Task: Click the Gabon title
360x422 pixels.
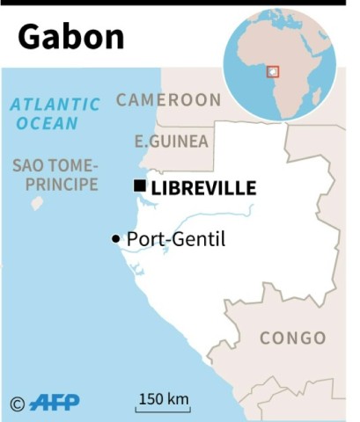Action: tap(71, 36)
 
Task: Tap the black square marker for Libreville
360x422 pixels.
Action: tap(140, 186)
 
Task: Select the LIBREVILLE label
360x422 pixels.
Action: tap(203, 187)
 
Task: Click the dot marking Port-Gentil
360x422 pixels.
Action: tap(115, 239)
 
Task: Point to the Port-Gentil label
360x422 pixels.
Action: tap(176, 238)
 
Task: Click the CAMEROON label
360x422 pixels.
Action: tap(168, 99)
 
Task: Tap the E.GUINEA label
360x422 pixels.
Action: tap(173, 141)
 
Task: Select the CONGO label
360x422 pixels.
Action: tap(293, 338)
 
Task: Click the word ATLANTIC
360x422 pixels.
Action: tap(55, 105)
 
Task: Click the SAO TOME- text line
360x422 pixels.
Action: tap(55, 165)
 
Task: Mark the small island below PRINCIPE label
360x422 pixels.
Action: tap(37, 203)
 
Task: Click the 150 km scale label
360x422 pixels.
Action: tap(163, 398)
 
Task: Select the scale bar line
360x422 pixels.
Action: tap(163, 409)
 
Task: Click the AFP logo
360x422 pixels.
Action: tap(54, 403)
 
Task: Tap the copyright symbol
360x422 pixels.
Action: tap(17, 404)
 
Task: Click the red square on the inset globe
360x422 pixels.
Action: tap(273, 70)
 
